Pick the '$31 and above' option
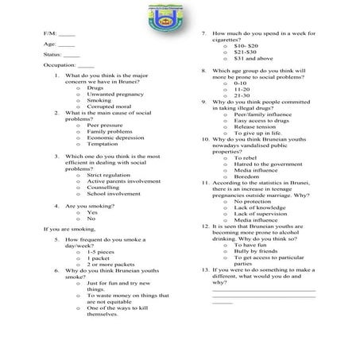point(254,58)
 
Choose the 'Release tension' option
point(254,126)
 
